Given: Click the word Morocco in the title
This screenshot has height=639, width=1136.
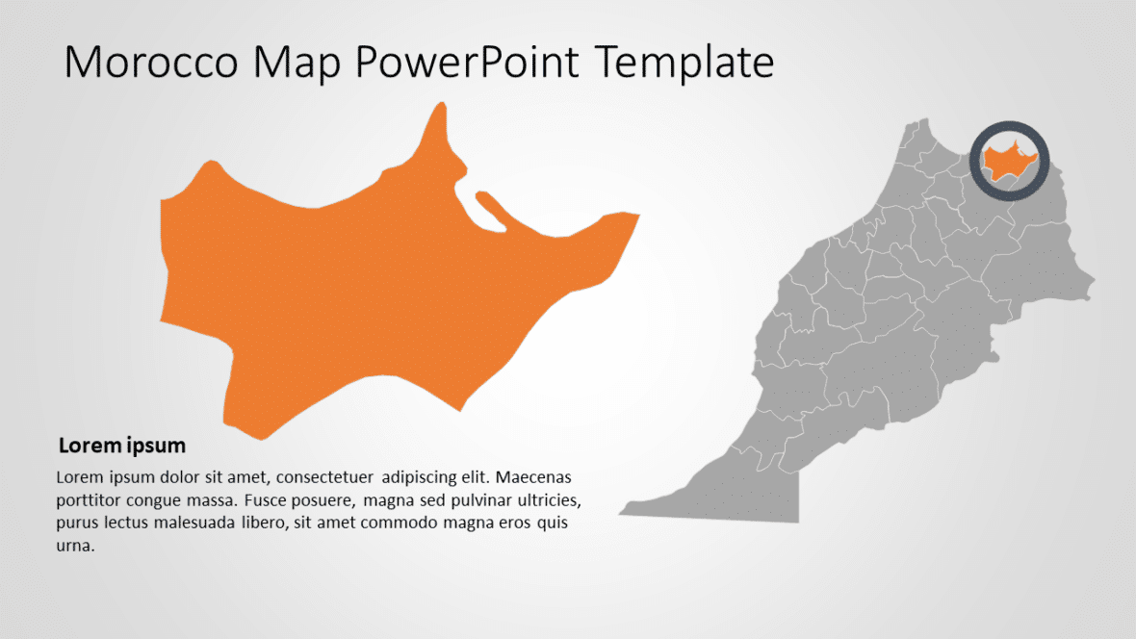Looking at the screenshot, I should (150, 63).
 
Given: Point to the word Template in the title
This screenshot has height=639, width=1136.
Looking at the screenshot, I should (684, 63).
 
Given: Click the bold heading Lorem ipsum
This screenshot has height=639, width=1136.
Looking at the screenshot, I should (122, 447).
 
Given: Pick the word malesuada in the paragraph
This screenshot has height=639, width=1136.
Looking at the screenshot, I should (204, 524).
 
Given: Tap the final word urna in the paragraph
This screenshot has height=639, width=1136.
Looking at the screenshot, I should (74, 547).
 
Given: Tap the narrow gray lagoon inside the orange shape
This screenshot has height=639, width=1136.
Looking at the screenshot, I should (489, 212).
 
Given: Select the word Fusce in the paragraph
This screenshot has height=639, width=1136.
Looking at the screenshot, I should (271, 500).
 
